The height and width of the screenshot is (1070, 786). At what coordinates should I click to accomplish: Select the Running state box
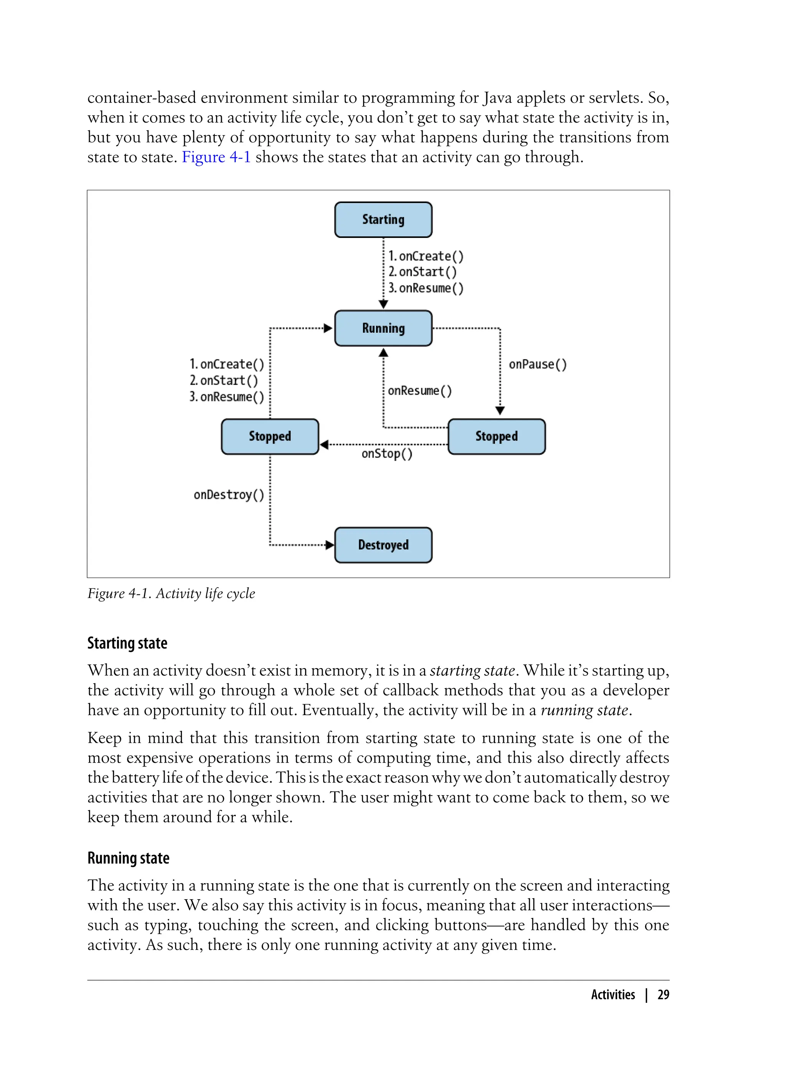pos(383,328)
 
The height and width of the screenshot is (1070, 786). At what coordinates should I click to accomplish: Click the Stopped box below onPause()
pos(496,436)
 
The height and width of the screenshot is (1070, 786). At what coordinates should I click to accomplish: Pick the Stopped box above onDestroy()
pos(270,436)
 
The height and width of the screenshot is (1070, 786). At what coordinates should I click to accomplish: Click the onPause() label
pos(538,365)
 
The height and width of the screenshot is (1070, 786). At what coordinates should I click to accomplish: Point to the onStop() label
pos(387,454)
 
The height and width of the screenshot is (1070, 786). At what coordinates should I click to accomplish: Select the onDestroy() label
pos(228,495)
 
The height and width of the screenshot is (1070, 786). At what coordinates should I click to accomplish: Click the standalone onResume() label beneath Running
pos(419,391)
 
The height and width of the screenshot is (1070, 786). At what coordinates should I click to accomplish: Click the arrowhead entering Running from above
pos(383,304)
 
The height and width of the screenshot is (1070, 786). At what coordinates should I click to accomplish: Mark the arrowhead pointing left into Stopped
pos(324,444)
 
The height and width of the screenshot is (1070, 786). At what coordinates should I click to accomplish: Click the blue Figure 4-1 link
pos(216,157)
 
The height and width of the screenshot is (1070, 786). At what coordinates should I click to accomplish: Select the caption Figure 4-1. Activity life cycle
pos(171,593)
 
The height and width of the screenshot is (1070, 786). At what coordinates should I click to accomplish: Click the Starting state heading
pos(127,643)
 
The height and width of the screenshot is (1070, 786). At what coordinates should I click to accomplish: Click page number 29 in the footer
pos(663,994)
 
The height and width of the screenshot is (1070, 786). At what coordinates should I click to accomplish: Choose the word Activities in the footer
pos(613,994)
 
